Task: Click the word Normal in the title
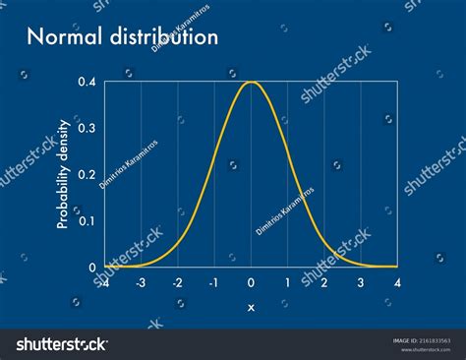click(x=62, y=38)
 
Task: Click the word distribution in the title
click(x=160, y=38)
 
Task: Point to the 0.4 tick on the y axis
click(x=87, y=82)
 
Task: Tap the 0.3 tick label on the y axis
click(x=87, y=128)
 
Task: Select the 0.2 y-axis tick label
click(x=87, y=174)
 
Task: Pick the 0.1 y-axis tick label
click(x=87, y=220)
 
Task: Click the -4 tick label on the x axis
click(x=103, y=282)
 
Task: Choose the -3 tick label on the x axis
click(x=141, y=282)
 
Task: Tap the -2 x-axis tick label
click(x=177, y=282)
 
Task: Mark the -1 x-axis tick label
click(x=213, y=282)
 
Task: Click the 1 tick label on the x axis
click(x=287, y=282)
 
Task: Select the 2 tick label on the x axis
click(x=324, y=282)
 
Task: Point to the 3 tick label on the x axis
click(x=361, y=282)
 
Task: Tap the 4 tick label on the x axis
click(x=397, y=282)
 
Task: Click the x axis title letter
click(x=251, y=307)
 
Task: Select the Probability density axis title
click(x=62, y=174)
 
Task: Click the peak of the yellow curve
click(x=251, y=82)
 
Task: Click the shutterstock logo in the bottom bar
click(x=61, y=343)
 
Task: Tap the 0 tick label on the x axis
click(x=251, y=282)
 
